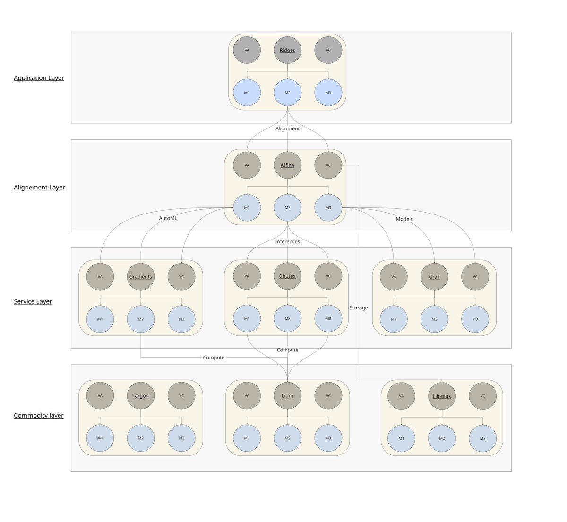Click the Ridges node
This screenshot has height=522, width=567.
click(287, 50)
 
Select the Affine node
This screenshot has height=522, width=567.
click(287, 165)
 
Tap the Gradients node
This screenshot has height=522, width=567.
click(141, 277)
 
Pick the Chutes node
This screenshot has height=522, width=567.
click(287, 276)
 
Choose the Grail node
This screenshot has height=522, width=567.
click(434, 277)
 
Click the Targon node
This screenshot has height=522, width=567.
click(141, 396)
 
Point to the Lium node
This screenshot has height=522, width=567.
click(287, 396)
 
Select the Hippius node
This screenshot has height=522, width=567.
click(442, 396)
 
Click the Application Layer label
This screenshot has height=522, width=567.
click(39, 78)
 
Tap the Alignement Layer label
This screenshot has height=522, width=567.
click(39, 188)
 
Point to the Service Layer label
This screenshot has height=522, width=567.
click(33, 301)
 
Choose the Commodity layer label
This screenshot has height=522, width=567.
click(38, 416)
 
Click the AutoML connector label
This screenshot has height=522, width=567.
click(168, 218)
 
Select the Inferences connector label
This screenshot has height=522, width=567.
click(287, 242)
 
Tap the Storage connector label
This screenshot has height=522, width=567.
click(359, 308)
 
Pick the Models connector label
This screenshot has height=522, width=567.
click(404, 219)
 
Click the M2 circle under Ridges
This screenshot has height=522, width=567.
click(287, 93)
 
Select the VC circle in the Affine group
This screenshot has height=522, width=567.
click(328, 165)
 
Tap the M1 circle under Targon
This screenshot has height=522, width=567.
click(100, 438)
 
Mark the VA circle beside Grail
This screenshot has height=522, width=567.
click(394, 277)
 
